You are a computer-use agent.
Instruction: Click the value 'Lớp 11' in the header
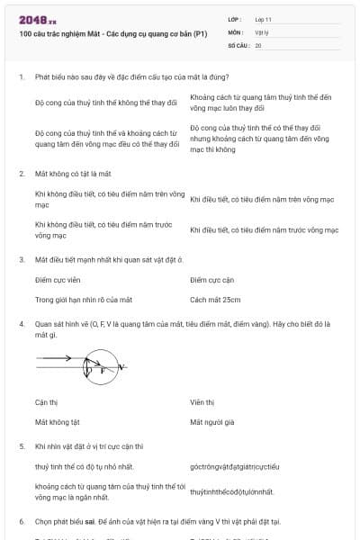pos(263,18)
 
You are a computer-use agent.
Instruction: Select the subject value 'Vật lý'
pos(262,31)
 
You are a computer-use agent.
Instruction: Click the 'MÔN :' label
pos(237,31)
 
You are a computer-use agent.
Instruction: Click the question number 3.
pos(21,259)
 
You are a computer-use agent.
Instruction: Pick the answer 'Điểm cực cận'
pos(212,280)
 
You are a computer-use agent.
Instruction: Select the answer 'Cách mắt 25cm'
pos(215,299)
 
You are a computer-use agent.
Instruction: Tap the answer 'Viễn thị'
pos(202,402)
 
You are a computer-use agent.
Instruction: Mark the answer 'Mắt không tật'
pos(58,421)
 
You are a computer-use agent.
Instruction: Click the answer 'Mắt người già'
pos(212,421)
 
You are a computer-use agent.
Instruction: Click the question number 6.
pos(21,521)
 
